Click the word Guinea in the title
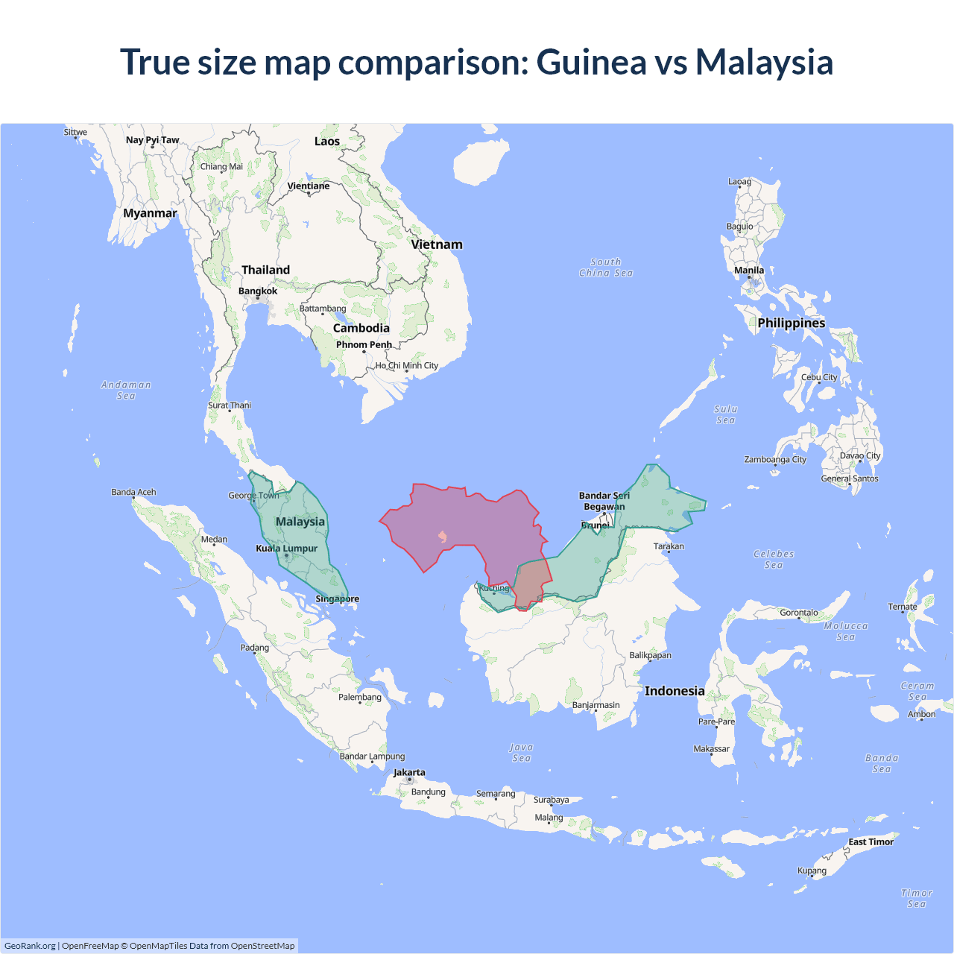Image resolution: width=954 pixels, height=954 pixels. [x=591, y=62]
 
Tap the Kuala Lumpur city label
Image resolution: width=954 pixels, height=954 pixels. [x=287, y=549]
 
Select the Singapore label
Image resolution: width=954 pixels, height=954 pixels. [x=337, y=598]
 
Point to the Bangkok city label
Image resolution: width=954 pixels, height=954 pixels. [x=258, y=291]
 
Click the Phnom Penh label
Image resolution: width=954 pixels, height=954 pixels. [x=364, y=345]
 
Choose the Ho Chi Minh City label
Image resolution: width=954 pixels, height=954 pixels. [x=407, y=366]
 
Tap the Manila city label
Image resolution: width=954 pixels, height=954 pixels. [x=749, y=271]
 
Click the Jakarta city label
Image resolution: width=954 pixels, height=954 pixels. [x=409, y=773]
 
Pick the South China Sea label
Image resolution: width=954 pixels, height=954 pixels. [x=606, y=268]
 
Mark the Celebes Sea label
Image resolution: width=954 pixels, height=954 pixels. [x=774, y=559]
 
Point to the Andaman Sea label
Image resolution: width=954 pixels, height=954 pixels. [x=126, y=390]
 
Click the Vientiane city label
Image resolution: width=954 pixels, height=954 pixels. [x=309, y=186]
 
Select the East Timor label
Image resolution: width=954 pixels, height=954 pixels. [x=871, y=842]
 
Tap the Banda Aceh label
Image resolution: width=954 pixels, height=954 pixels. [x=134, y=492]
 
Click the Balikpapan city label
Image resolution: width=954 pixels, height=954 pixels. [x=651, y=656]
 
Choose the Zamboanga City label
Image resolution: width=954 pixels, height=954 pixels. [x=775, y=460]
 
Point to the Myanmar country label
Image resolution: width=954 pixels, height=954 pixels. [x=150, y=213]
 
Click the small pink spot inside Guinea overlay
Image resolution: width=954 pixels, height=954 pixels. [x=443, y=537]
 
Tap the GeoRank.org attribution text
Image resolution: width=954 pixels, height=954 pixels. [x=30, y=946]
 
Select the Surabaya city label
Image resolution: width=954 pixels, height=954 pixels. [x=552, y=800]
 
